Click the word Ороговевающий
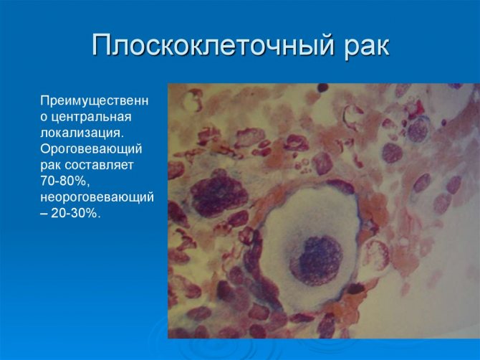tap(91, 149)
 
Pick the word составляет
tap(99, 166)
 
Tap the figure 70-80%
tap(64, 181)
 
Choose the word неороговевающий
tap(97, 197)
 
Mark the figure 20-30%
tap(76, 213)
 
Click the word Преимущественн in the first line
tap(95, 101)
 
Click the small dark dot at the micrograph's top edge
tap(322, 87)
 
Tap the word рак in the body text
tap(51, 166)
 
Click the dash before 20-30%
tap(44, 214)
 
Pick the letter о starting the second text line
tap(44, 118)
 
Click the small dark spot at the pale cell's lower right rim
tap(355, 288)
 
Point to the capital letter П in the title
tap(101, 44)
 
